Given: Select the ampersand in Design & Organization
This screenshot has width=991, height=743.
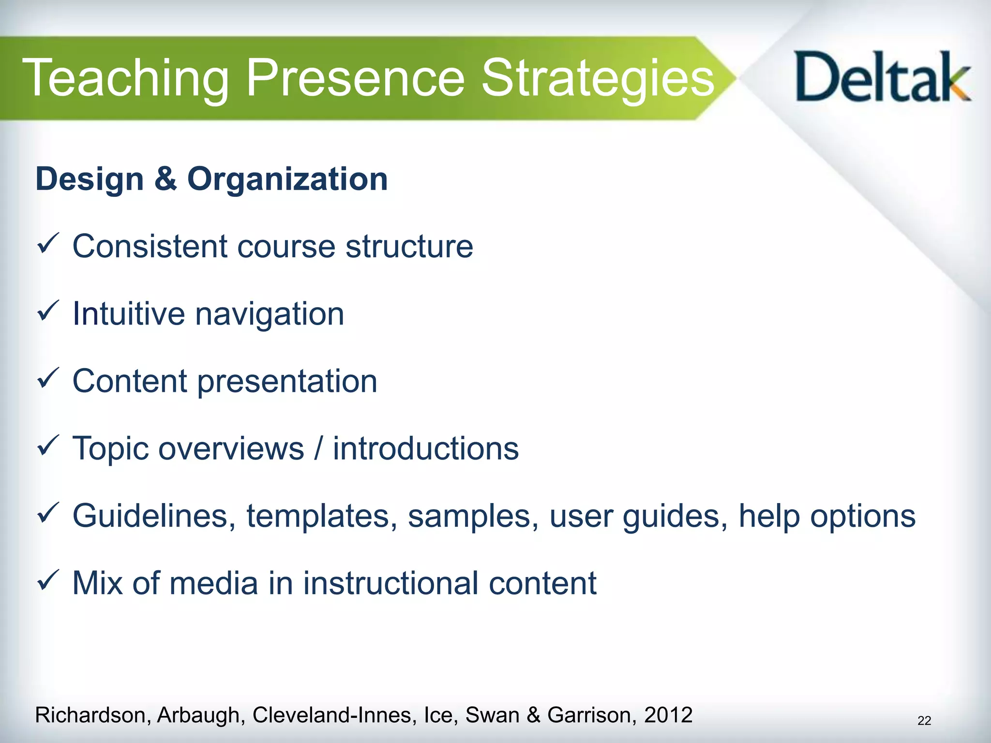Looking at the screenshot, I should coord(165,178).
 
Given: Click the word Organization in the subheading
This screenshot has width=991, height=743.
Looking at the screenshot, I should coord(287,179).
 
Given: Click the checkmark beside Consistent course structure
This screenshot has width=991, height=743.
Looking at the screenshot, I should coord(48,243).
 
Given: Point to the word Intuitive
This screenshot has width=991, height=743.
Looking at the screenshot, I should coord(128,314).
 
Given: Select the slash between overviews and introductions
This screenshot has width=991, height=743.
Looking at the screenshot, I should coord(318,448).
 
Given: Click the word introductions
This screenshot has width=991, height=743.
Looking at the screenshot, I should coord(425,448).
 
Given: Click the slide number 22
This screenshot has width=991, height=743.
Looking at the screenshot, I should coord(924,721).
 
